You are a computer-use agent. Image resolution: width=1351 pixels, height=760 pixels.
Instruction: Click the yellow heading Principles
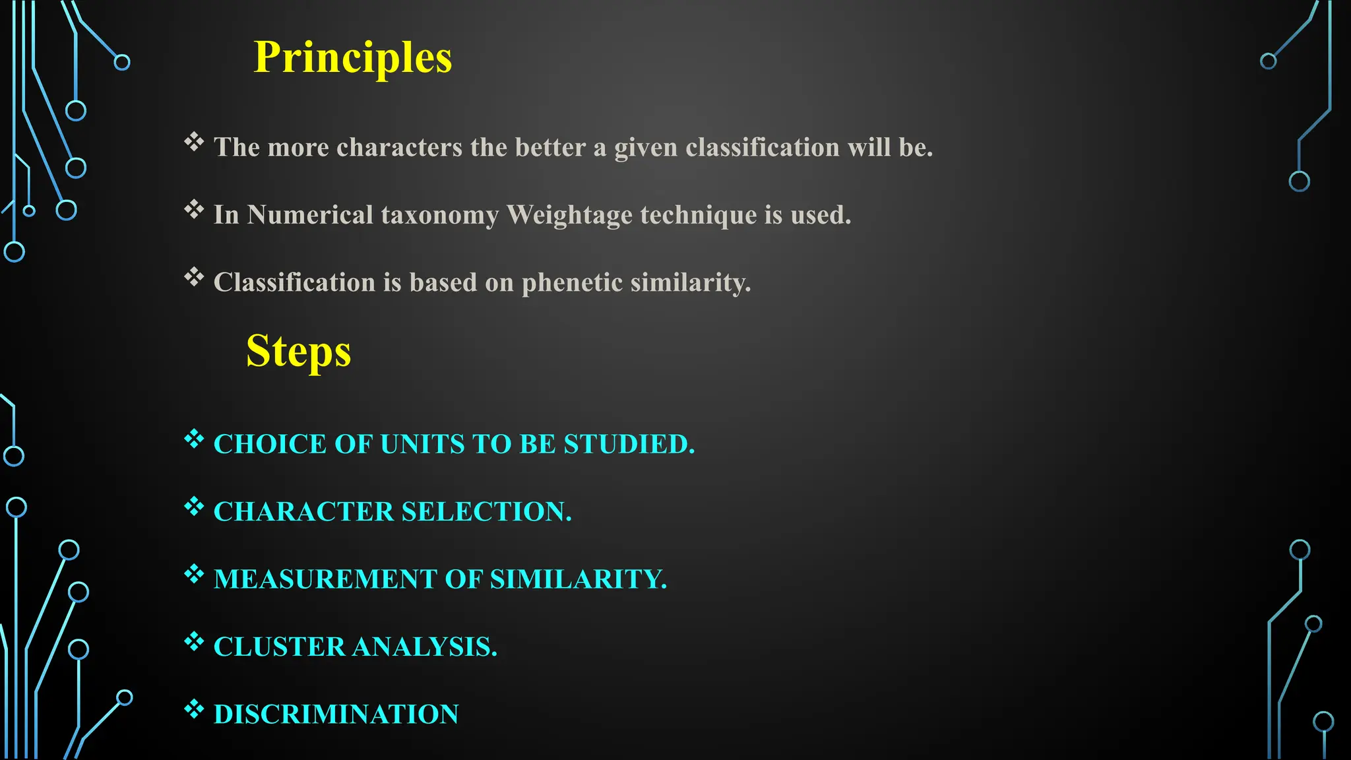(353, 57)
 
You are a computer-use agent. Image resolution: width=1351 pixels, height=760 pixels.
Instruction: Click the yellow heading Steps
(298, 351)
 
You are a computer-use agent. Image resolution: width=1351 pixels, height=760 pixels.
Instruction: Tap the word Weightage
(569, 215)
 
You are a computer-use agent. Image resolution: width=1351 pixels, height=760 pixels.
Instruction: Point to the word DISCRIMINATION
(336, 714)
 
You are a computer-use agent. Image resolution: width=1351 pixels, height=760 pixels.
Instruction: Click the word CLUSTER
(279, 647)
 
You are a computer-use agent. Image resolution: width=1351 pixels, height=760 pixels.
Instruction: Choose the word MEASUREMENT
(325, 579)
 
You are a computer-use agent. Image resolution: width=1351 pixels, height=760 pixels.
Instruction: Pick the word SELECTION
(486, 512)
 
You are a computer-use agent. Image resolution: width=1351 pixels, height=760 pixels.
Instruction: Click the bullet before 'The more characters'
(194, 142)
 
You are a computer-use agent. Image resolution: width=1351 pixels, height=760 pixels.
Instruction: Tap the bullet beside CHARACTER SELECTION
(194, 507)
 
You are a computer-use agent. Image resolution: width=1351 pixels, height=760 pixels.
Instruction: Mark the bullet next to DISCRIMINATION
(194, 709)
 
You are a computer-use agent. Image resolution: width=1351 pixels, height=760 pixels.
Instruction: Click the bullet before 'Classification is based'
(194, 277)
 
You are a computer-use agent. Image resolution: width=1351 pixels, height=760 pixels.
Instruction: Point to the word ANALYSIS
(425, 647)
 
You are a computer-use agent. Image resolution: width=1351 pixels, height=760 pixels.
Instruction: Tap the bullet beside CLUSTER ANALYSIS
(194, 641)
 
